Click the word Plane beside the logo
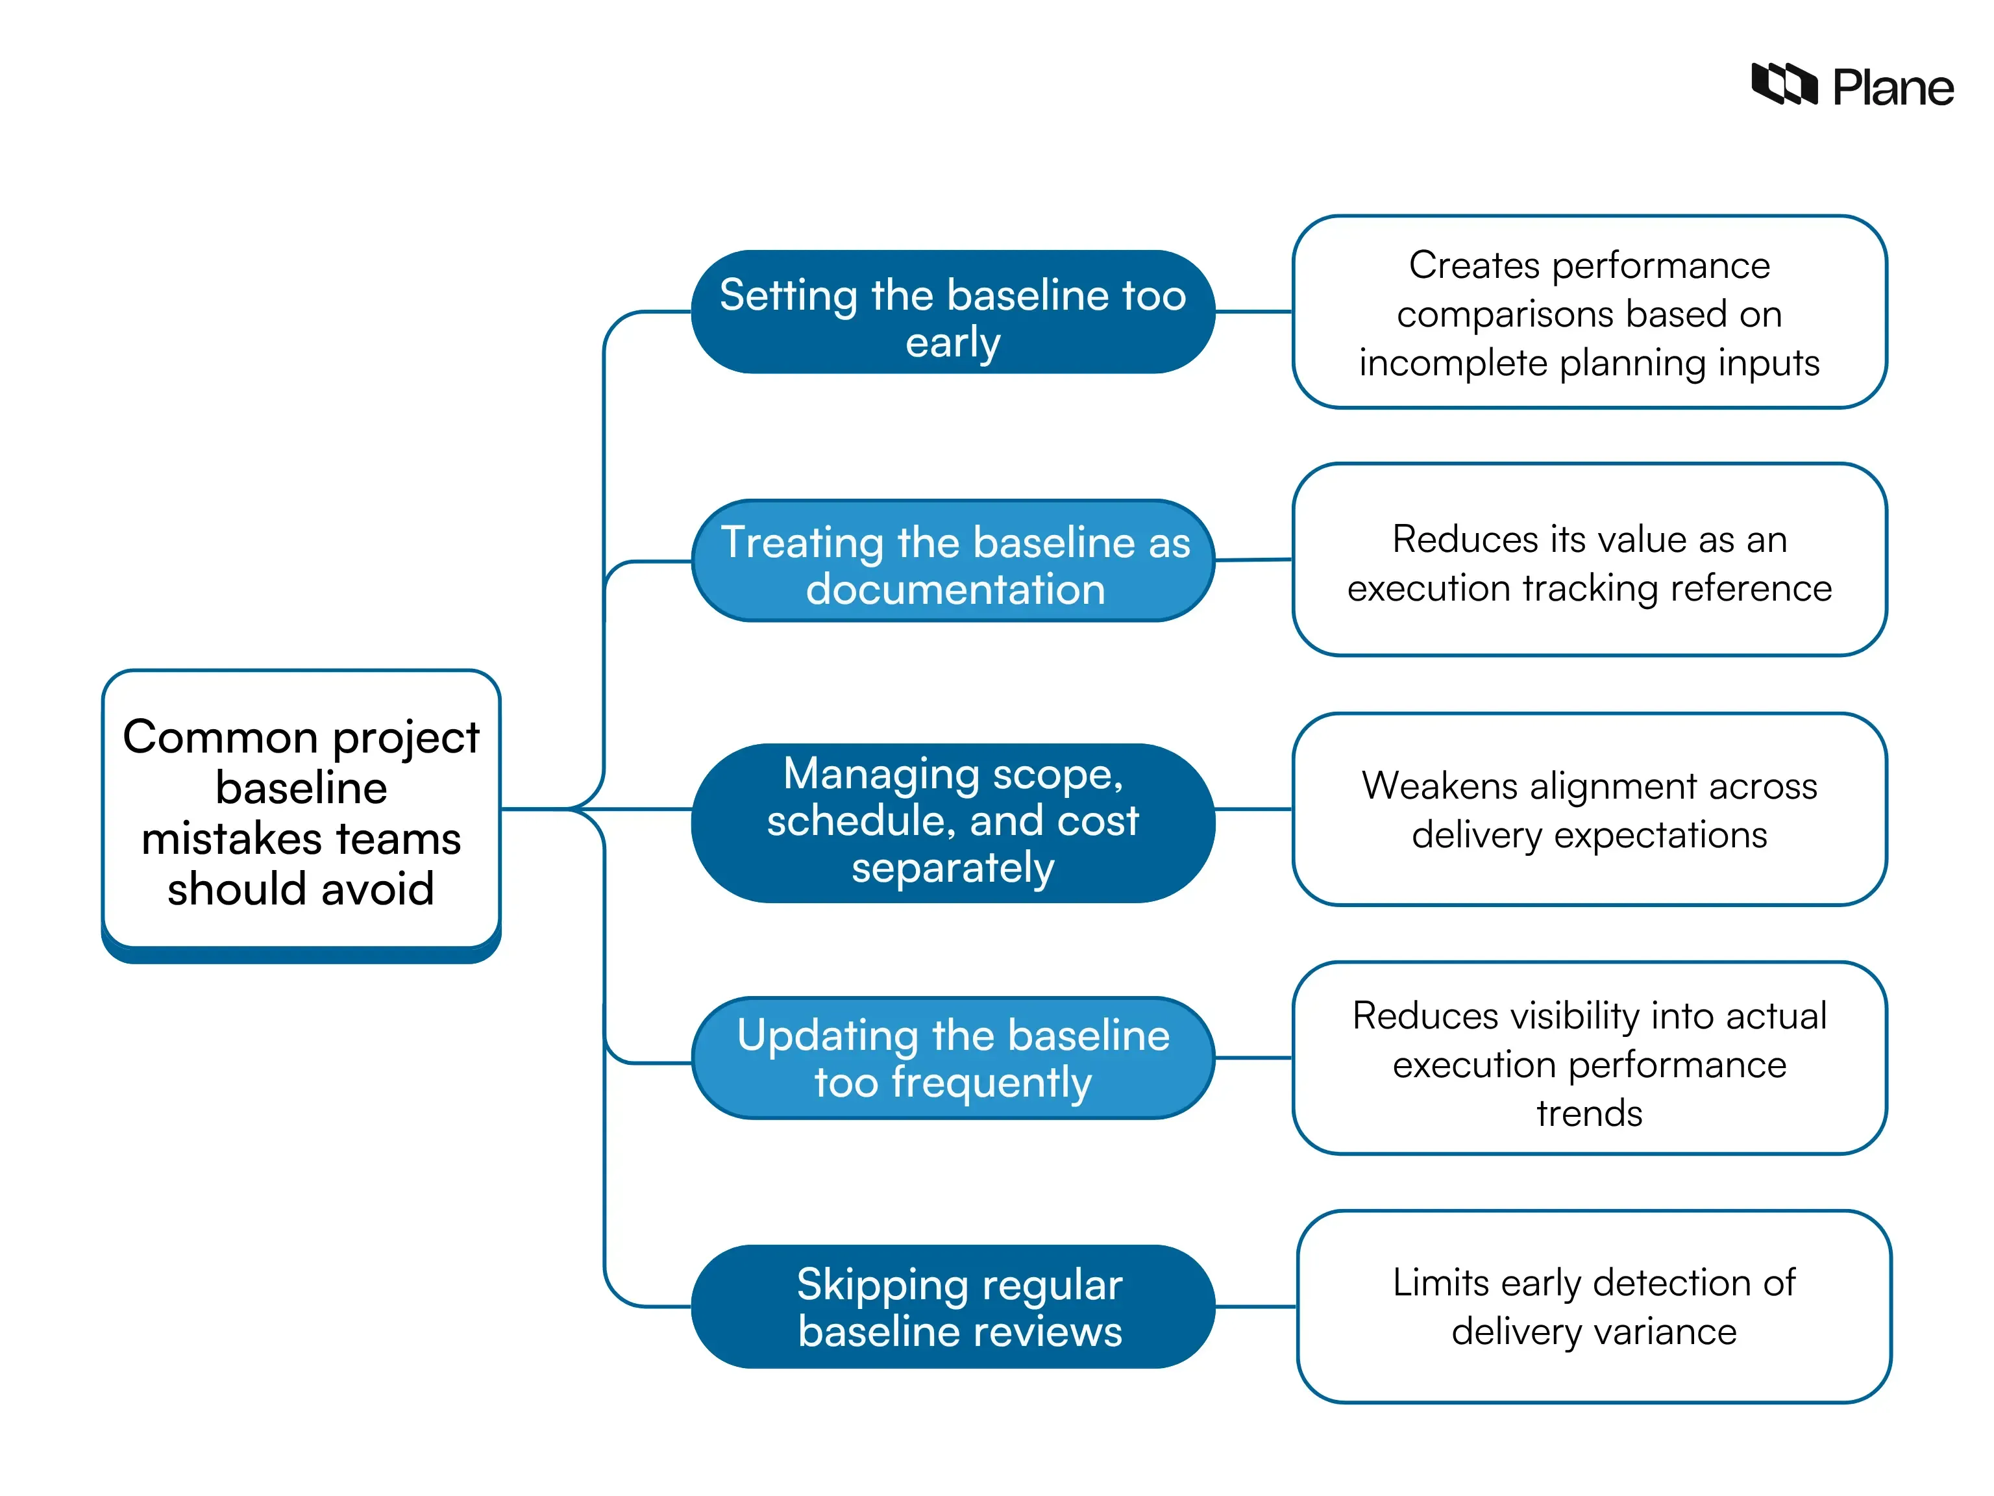[1892, 88]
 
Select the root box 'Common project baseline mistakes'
[301, 811]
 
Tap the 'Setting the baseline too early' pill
[953, 312]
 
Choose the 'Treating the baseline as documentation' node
[953, 561]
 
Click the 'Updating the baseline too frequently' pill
[953, 1058]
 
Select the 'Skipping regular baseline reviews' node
[953, 1306]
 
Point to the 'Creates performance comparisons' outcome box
[1588, 312]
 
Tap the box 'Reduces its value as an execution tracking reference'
[1588, 561]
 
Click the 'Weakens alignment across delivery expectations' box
[1588, 809]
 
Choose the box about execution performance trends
[1588, 1058]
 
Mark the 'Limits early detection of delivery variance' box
[1593, 1306]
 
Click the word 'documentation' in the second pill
[955, 590]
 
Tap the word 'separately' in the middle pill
[953, 867]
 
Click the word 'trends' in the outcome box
[1588, 1113]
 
